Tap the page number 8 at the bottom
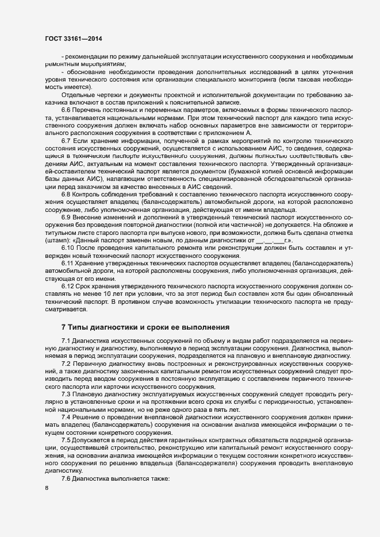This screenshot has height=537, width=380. pos(47,489)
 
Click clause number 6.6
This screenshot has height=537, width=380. pos(66,109)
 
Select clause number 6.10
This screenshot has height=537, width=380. pos(68,264)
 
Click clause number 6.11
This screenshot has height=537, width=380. pos(68,279)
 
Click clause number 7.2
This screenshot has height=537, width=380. pos(66,365)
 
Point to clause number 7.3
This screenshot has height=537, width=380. pos(66,395)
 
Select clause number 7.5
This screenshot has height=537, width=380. pos(66,439)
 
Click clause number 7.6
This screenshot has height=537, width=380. pos(66,478)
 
